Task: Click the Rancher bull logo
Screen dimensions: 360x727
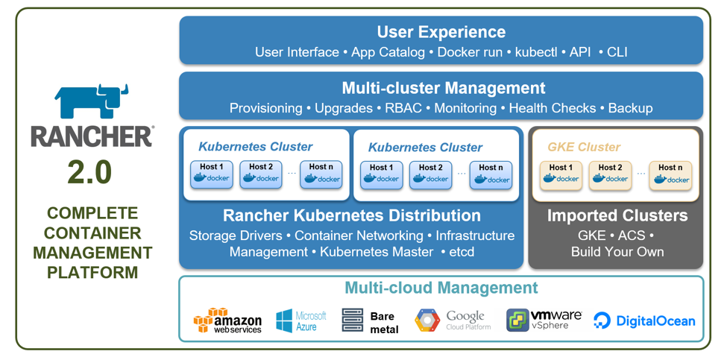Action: pyautogui.click(x=92, y=102)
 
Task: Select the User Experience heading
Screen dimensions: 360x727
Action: pyautogui.click(x=441, y=32)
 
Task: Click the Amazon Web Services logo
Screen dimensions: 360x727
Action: pyautogui.click(x=227, y=320)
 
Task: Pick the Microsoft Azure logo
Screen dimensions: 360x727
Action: pyautogui.click(x=301, y=321)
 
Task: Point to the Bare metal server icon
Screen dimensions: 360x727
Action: pyautogui.click(x=352, y=320)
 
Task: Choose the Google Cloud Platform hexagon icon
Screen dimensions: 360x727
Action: pyautogui.click(x=427, y=320)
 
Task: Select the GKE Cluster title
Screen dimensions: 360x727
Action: pyautogui.click(x=584, y=147)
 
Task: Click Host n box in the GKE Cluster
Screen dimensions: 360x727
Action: pyautogui.click(x=670, y=174)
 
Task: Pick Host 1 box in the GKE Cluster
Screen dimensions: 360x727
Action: pyautogui.click(x=561, y=174)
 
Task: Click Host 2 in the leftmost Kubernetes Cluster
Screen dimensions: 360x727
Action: pyautogui.click(x=261, y=174)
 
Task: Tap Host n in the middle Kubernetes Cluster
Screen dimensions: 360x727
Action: pyautogui.click(x=491, y=174)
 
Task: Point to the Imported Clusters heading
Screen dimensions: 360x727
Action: pyautogui.click(x=617, y=216)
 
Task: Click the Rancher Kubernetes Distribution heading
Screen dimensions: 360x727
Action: pyautogui.click(x=351, y=216)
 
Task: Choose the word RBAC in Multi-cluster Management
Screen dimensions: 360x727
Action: pyautogui.click(x=403, y=108)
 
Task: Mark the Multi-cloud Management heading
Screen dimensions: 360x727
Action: pyautogui.click(x=441, y=288)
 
